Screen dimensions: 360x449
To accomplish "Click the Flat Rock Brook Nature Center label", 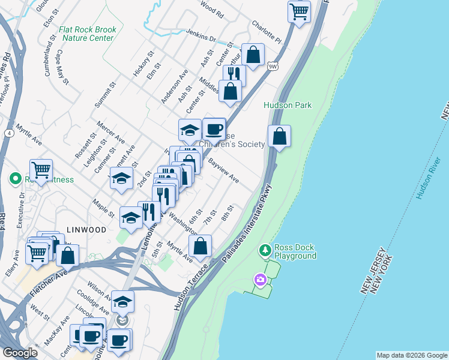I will click(86, 33).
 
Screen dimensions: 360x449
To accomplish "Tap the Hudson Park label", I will click(288, 105).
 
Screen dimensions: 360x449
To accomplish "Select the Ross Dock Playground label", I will click(295, 251).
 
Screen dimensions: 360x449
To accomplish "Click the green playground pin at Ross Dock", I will click(265, 249).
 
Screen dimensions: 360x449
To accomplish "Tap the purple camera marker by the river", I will click(260, 279).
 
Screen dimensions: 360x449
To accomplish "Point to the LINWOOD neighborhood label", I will click(87, 230).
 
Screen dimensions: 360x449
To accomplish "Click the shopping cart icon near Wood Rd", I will click(299, 10).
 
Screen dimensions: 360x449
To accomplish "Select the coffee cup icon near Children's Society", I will click(214, 128).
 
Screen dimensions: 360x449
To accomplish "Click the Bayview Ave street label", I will click(223, 171).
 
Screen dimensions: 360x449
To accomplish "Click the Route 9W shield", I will click(273, 65).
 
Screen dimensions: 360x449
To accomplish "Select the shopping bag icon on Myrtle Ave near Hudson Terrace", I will click(200, 245).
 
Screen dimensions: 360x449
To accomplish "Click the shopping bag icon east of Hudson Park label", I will click(279, 136).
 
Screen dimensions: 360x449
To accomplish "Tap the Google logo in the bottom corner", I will click(20, 353).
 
